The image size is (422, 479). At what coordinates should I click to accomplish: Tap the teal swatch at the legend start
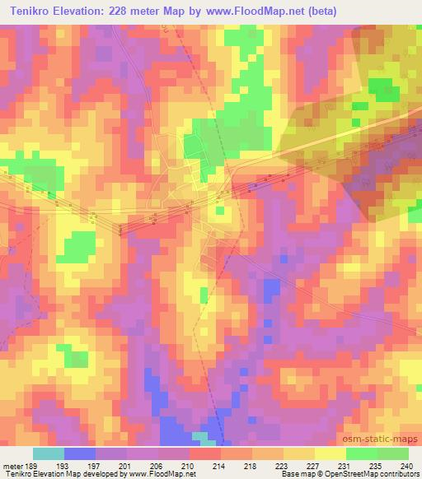click(x=49, y=453)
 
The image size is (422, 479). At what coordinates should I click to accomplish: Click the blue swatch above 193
click(x=80, y=453)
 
